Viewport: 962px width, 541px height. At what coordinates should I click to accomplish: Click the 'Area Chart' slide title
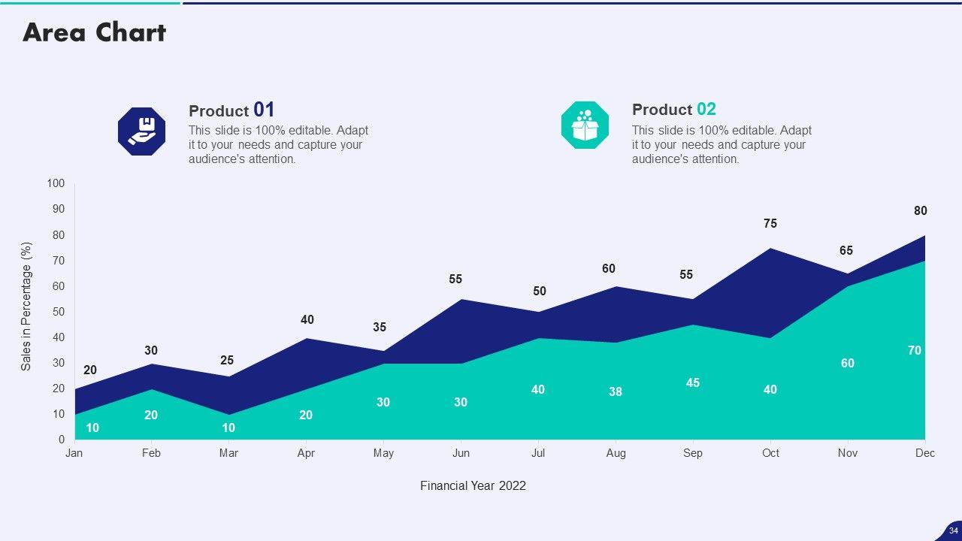pos(94,32)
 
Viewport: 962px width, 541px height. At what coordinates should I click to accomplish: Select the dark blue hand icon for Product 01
pos(141,131)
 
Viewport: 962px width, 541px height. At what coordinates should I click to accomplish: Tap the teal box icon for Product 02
pos(585,125)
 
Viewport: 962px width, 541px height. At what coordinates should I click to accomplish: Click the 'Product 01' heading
pos(231,110)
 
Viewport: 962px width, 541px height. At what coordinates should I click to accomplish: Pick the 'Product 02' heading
pos(673,110)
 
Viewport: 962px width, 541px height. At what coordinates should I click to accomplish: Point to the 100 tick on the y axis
pos(56,184)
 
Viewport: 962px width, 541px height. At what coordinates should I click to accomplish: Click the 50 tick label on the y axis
pos(59,312)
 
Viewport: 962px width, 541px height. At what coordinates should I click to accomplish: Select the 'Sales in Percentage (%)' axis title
pos(26,306)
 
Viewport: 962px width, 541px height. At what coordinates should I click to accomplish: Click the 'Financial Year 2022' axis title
pos(473,485)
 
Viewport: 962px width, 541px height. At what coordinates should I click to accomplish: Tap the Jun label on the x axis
pos(461,453)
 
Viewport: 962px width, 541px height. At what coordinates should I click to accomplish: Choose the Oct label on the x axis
pos(770,453)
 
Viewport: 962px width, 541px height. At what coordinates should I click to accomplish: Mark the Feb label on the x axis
pos(151,453)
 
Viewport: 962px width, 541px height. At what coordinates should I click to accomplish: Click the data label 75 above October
pos(770,223)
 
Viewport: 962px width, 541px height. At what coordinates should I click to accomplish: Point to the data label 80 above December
pos(921,211)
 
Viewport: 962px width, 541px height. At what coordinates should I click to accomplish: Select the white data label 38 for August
pos(616,391)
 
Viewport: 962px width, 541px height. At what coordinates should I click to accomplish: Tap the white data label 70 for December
pos(915,350)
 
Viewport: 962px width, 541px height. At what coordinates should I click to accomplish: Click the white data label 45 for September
pos(693,382)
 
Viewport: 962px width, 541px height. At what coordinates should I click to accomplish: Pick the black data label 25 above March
pos(227,361)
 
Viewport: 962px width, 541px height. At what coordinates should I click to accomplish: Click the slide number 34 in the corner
pos(954,530)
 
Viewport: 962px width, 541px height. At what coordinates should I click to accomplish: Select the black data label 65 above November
pos(846,250)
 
